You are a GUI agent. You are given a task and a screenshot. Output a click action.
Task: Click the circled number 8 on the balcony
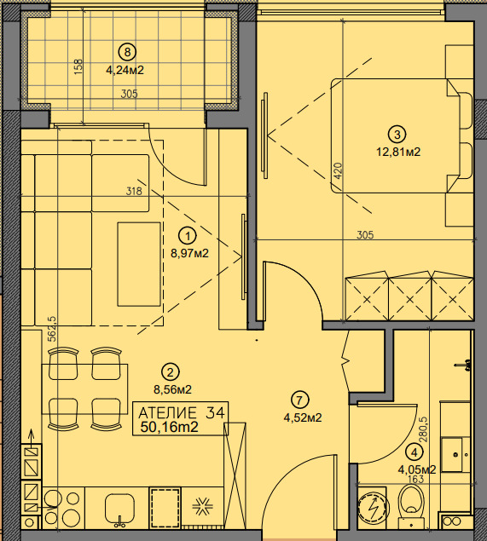tap(127, 52)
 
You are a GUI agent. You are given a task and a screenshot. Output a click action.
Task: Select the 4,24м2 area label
tap(125, 71)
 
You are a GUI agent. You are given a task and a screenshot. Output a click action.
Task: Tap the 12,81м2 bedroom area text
tap(398, 152)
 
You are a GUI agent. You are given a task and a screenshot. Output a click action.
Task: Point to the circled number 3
tap(397, 135)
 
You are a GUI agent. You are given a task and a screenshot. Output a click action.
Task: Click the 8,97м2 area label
tap(189, 254)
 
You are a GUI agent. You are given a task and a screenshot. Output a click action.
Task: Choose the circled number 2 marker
tap(171, 372)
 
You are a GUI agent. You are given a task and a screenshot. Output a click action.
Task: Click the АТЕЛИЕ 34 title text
tap(182, 412)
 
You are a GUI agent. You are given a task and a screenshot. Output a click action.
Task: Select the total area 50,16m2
tap(169, 427)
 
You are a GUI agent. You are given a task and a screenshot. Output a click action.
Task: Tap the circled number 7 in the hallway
tap(299, 400)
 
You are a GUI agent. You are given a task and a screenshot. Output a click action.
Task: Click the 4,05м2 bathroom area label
tap(417, 469)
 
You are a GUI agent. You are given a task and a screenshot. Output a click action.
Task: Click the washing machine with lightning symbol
tap(373, 509)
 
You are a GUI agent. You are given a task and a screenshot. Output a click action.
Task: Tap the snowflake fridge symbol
tap(202, 507)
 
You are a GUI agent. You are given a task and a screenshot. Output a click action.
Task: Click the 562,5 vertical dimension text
tap(52, 329)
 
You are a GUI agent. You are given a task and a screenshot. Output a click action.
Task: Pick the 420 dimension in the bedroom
tap(338, 170)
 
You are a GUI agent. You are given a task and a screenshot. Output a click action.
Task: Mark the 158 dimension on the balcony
tap(78, 67)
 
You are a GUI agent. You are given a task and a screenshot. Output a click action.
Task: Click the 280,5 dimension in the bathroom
tap(423, 429)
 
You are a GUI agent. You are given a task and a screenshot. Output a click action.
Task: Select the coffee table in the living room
tap(139, 264)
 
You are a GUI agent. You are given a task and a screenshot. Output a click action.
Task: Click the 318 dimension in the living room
tap(134, 191)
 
